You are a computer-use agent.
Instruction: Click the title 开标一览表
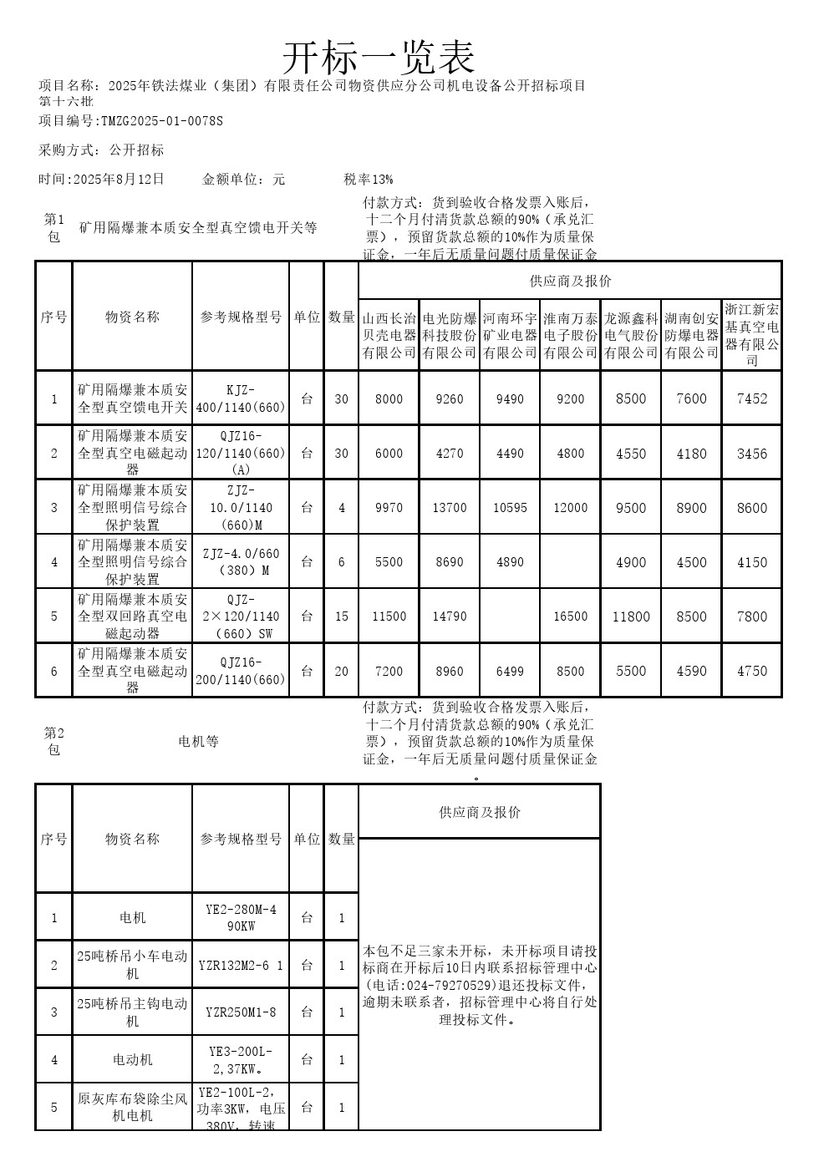(378, 57)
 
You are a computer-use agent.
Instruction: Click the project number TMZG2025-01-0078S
(162, 121)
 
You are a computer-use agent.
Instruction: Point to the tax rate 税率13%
(369, 179)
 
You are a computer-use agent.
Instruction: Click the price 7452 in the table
(751, 398)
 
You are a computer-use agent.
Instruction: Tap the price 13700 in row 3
(450, 508)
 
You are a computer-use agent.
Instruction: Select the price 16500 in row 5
(570, 616)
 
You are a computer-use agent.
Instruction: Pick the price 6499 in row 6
(510, 671)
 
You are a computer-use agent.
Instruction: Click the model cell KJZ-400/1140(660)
(241, 398)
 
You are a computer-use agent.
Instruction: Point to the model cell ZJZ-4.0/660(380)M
(241, 562)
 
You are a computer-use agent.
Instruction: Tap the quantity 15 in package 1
(341, 616)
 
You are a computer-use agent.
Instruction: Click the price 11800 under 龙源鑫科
(631, 616)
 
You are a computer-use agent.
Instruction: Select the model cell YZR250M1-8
(241, 1012)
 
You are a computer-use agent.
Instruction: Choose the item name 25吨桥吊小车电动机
(132, 965)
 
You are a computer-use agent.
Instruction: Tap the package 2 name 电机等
(198, 741)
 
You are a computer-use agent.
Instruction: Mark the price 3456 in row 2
(751, 454)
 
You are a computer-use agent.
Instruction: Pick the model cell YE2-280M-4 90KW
(241, 917)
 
